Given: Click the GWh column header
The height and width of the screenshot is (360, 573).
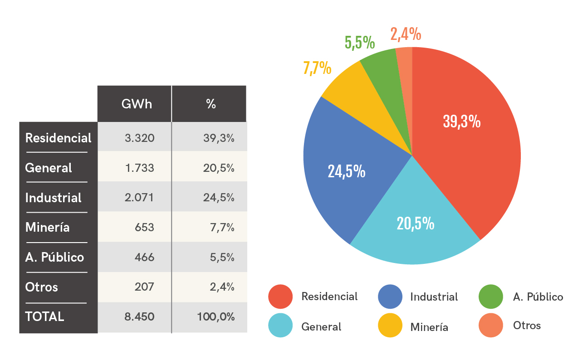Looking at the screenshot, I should click(x=137, y=104).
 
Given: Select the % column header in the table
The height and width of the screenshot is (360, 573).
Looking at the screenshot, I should click(x=211, y=104).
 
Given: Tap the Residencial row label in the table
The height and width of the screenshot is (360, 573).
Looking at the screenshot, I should click(x=58, y=138).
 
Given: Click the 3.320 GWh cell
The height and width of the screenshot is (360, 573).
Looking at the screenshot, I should click(x=140, y=138).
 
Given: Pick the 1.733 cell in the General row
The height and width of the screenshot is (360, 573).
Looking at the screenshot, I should click(x=140, y=168).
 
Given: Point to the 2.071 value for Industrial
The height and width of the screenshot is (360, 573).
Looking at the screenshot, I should click(x=140, y=198).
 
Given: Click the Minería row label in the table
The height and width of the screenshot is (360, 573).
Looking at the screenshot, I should click(x=48, y=227).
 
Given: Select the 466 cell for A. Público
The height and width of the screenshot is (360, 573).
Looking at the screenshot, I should click(x=145, y=257).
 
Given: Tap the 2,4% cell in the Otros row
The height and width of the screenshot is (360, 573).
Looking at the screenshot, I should click(x=223, y=287).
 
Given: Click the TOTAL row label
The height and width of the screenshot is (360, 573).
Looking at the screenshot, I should click(x=44, y=316).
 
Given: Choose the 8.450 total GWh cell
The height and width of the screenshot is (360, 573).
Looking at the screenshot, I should click(x=140, y=316).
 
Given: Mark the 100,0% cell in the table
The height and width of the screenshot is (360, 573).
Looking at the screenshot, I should click(x=216, y=316).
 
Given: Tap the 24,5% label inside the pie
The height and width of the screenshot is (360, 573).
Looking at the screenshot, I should click(x=347, y=171).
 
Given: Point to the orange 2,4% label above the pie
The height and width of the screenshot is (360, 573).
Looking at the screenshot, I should click(x=406, y=34).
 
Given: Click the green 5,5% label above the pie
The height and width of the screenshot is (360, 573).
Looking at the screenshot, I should click(x=360, y=42).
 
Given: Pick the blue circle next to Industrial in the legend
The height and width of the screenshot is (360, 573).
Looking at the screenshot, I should click(x=390, y=297).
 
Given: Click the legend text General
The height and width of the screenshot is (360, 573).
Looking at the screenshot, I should click(x=321, y=326).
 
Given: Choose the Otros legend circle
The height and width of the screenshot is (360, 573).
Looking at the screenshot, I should click(x=491, y=325).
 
